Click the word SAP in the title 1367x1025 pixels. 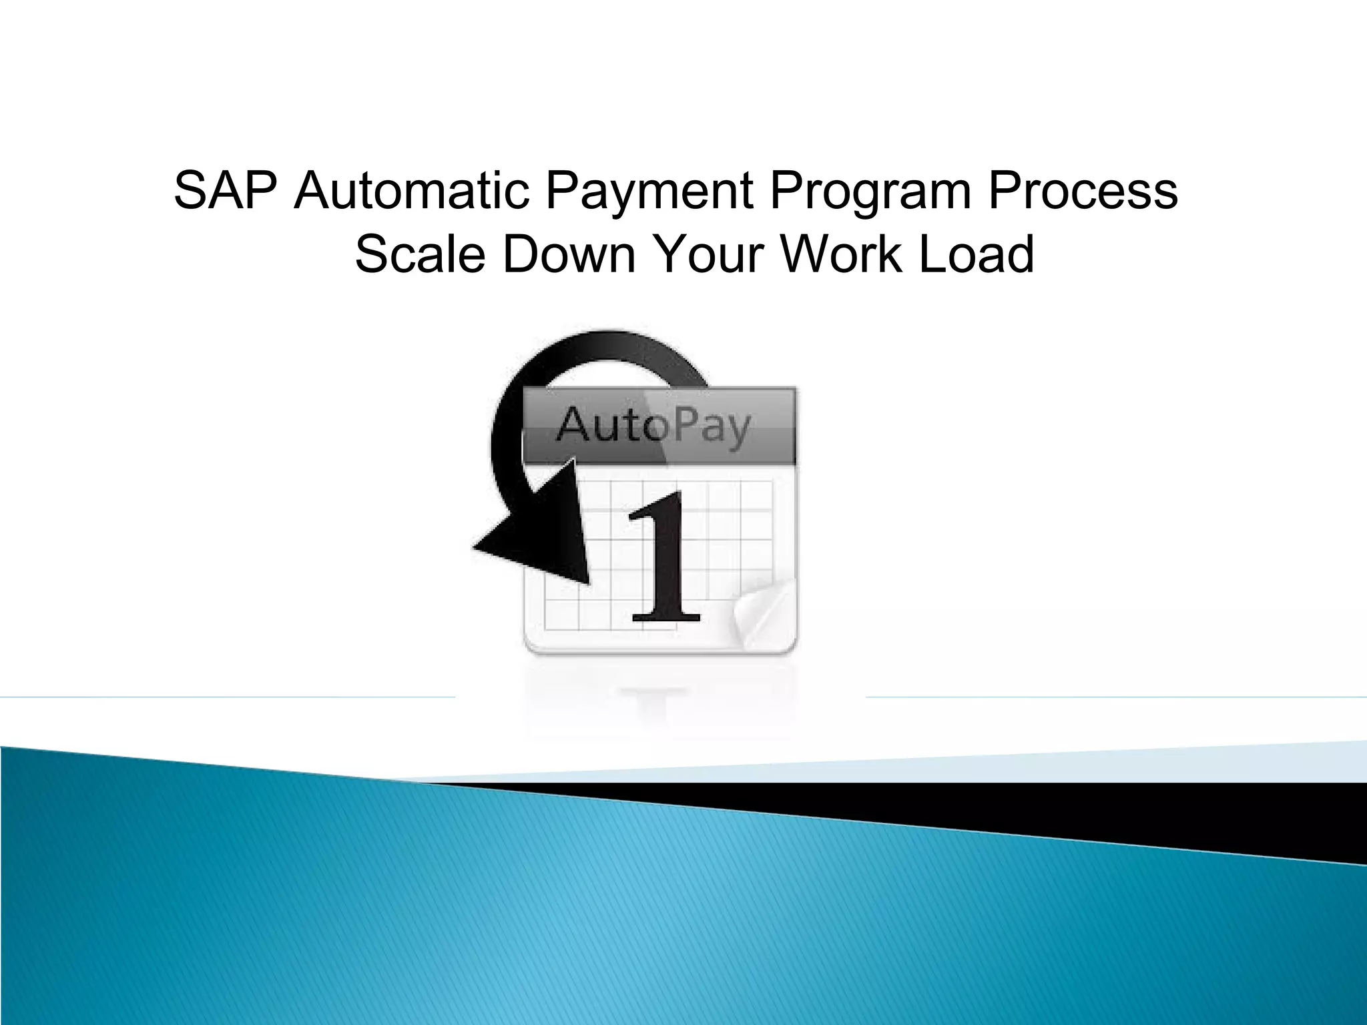(x=225, y=192)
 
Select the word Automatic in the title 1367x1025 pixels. (x=413, y=192)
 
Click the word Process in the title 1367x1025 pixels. (x=1083, y=192)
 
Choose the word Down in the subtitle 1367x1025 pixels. (x=569, y=254)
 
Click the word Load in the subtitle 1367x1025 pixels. (x=977, y=254)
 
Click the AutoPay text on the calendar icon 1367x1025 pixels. (x=653, y=426)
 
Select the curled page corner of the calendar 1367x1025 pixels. (x=762, y=611)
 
